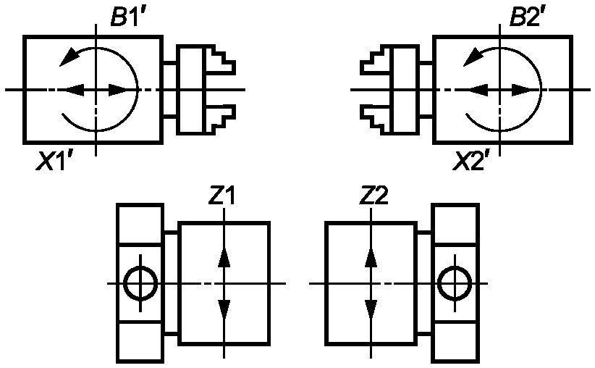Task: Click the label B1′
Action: coord(128,18)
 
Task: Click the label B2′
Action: coord(526,18)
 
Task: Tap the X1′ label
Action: coord(55,162)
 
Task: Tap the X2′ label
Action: coord(471,162)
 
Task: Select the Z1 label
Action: coord(221,196)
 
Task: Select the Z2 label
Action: coord(375,196)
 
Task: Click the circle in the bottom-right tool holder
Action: coord(455,283)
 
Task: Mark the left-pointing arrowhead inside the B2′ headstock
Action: coord(478,89)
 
